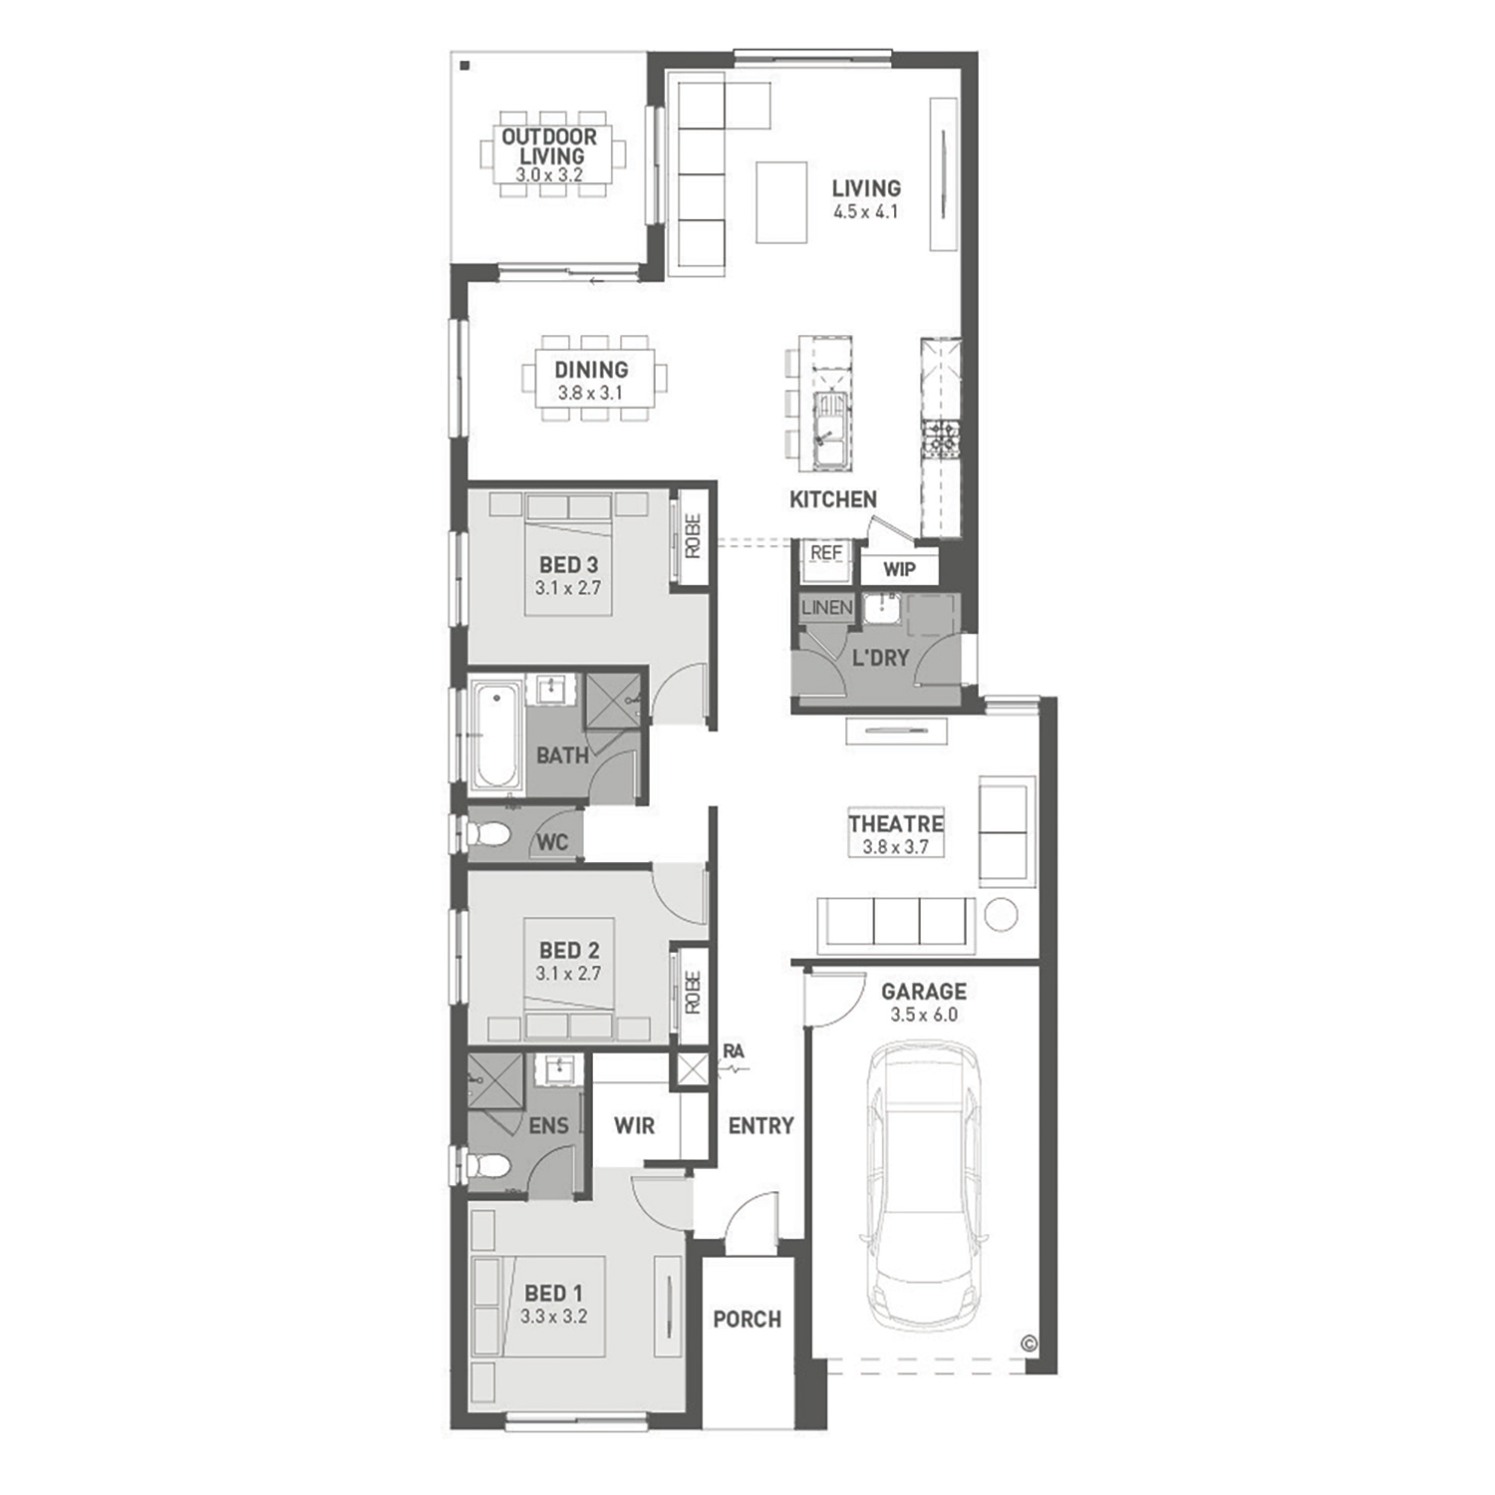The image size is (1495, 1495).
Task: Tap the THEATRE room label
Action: (896, 823)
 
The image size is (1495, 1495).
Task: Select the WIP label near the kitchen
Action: (899, 569)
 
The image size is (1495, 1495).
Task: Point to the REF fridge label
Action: (826, 553)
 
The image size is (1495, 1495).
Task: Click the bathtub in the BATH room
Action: (495, 735)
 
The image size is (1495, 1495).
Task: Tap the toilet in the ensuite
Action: (487, 1163)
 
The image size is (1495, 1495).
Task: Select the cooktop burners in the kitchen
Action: (941, 439)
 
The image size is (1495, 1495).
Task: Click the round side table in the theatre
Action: (1001, 914)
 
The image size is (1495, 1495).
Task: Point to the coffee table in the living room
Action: (781, 202)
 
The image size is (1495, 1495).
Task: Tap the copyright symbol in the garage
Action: (1030, 1344)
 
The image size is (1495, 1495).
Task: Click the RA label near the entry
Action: (734, 1050)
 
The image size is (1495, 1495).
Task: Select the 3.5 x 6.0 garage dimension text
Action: (924, 1015)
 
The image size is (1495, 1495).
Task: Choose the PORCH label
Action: (747, 1319)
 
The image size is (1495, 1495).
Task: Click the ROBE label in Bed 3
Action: (693, 535)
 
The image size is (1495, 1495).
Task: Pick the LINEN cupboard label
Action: (826, 607)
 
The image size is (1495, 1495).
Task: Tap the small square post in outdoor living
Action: (465, 67)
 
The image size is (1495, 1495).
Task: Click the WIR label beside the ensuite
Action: (634, 1125)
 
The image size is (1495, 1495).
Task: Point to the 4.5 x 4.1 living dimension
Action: (866, 211)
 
